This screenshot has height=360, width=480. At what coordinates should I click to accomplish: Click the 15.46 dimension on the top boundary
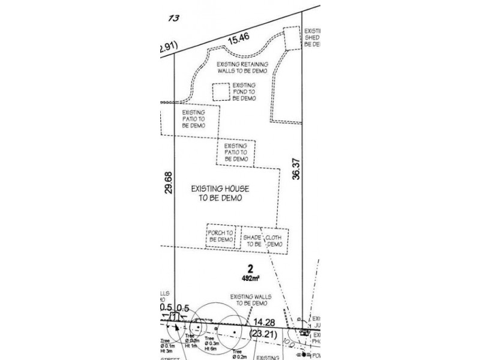point(239,40)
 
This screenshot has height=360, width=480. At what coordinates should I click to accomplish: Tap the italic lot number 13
point(173,18)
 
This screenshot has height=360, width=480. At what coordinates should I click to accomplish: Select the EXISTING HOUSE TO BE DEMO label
point(220,193)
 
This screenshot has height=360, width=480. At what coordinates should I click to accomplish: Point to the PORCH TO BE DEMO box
point(220,236)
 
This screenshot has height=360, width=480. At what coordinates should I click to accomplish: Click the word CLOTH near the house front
point(274,237)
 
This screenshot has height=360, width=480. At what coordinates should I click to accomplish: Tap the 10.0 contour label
point(291,344)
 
